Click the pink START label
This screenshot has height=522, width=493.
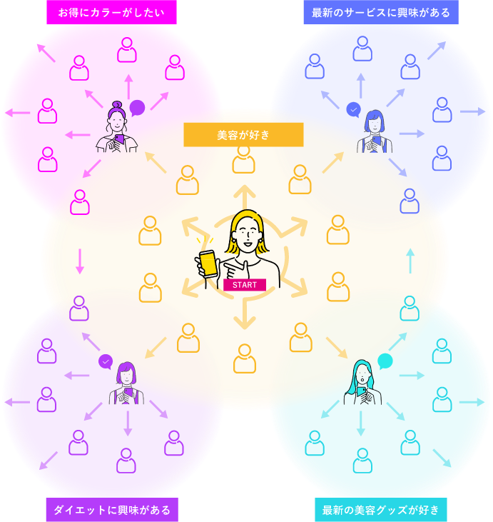point(244,285)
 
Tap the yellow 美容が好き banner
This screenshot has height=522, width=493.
point(243,134)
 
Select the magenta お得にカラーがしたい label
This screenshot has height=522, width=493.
point(111,12)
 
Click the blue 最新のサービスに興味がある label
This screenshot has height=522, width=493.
point(380,12)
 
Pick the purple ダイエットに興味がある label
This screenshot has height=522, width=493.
point(112,510)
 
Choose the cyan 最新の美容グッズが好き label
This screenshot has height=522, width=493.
point(380,510)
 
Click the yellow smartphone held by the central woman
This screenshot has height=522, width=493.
point(208,263)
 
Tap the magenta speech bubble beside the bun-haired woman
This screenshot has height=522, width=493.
point(137,108)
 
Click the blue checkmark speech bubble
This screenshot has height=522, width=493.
point(353,109)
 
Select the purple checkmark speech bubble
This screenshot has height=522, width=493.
point(106,362)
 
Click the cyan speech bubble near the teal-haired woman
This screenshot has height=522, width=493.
point(385,361)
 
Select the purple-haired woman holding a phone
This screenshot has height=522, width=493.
point(126,383)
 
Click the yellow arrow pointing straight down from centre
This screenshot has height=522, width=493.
point(245,314)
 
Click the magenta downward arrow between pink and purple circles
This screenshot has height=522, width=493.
point(80,261)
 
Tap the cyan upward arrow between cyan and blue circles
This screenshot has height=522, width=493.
point(410,261)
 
